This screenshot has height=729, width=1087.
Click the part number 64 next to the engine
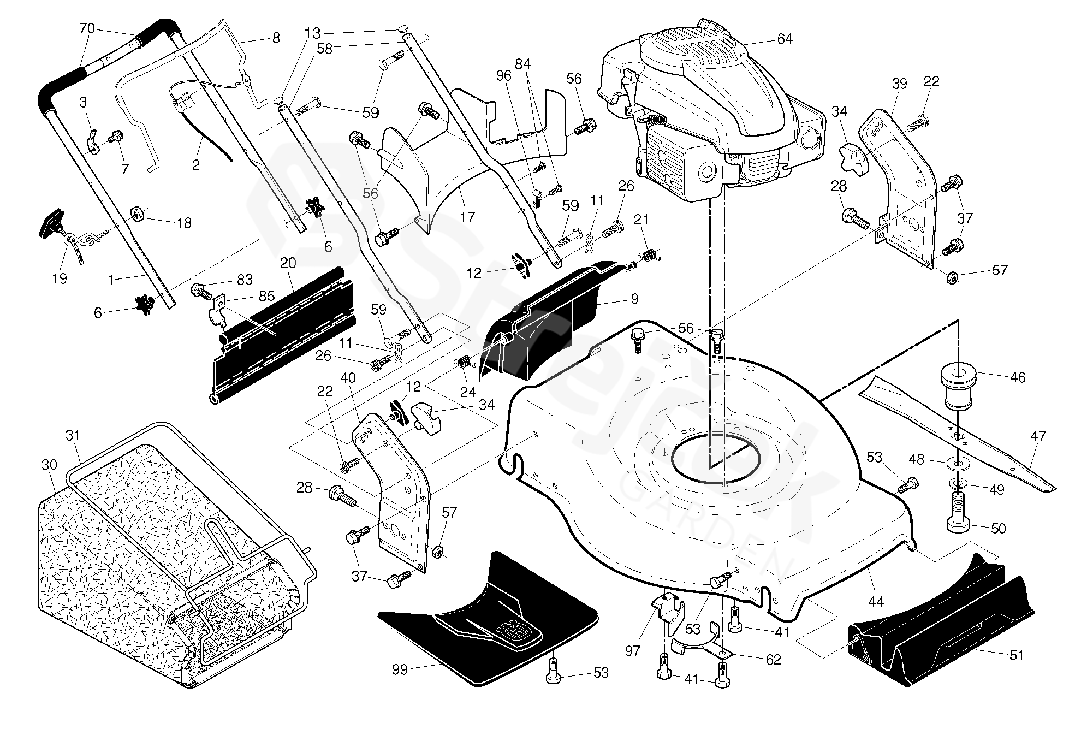785,39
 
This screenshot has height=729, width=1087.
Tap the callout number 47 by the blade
1038,436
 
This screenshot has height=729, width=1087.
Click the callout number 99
400,669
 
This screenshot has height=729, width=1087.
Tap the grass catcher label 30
49,464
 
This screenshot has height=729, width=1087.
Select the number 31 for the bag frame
73,435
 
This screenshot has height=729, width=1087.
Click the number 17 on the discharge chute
467,217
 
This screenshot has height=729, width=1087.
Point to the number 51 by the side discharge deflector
1016,655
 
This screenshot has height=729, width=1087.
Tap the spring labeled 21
648,254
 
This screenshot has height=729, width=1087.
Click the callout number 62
773,659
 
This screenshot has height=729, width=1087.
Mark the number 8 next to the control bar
276,38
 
